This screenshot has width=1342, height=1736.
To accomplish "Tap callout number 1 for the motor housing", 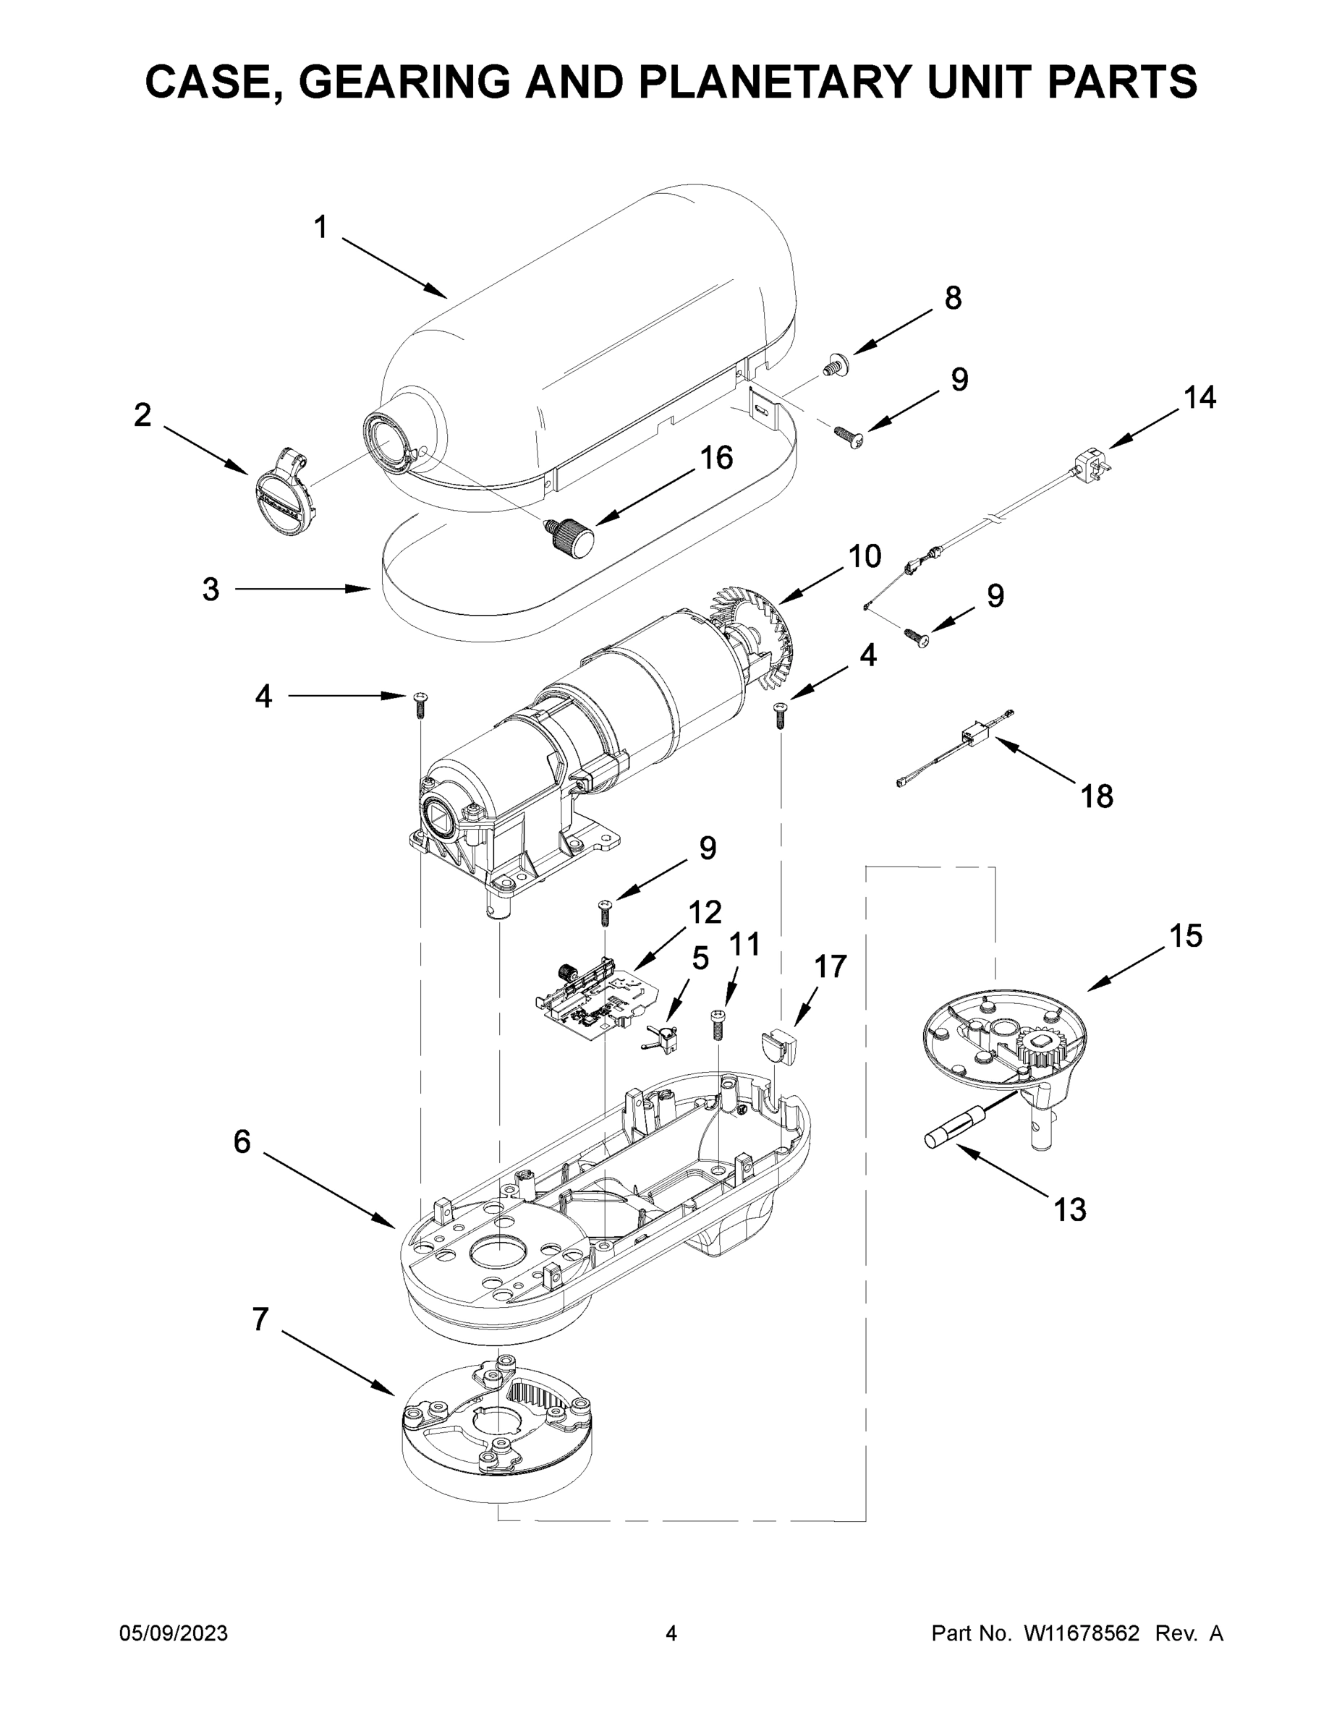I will tap(320, 228).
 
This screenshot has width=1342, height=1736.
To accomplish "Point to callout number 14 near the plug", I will tap(1199, 397).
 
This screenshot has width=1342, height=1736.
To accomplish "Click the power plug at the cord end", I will tap(1090, 461).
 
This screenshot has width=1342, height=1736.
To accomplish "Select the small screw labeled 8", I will tap(835, 365).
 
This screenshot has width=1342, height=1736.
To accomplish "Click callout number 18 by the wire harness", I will tap(1097, 796).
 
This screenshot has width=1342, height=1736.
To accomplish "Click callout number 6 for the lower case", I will tap(242, 1142).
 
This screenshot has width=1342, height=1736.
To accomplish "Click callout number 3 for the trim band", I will tap(210, 590).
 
